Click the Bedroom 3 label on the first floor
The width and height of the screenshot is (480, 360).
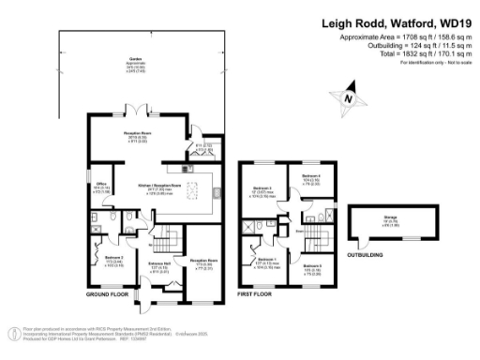click(264, 194)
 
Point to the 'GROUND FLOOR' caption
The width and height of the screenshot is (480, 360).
click(106, 295)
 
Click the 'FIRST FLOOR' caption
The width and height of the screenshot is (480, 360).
click(259, 295)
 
